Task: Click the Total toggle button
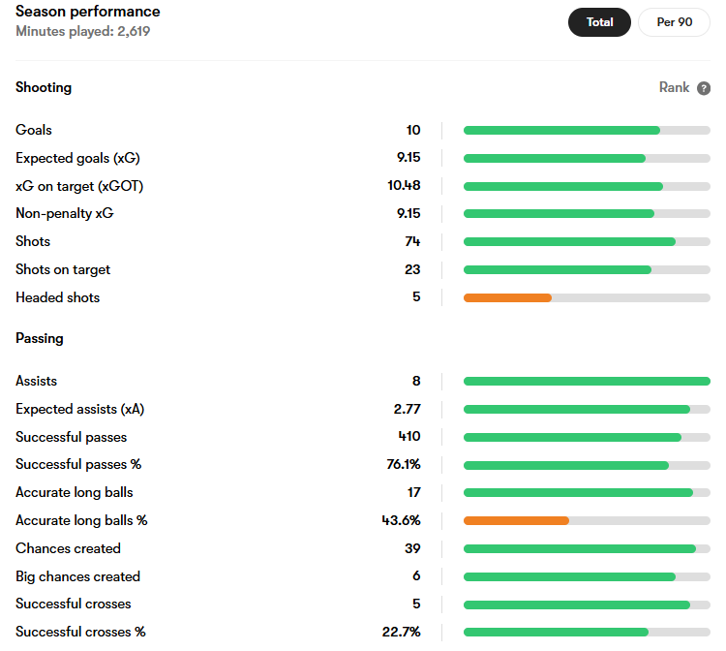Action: [599, 22]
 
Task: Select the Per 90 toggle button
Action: [674, 22]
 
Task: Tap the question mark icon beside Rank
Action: [704, 88]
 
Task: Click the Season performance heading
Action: [87, 11]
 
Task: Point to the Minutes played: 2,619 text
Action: [83, 31]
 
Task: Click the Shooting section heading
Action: [44, 87]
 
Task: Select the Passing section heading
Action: [40, 338]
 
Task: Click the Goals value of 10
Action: [413, 130]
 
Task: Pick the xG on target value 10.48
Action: [404, 185]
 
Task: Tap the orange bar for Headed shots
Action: [507, 298]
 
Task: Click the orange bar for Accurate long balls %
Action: [516, 521]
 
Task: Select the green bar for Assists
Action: [587, 382]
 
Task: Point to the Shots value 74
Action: [412, 241]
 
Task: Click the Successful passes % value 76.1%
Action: [404, 464]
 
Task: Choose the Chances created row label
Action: [68, 548]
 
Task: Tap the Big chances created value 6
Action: [416, 576]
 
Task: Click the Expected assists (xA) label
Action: [79, 409]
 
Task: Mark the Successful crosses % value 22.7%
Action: [401, 632]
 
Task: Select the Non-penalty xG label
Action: [64, 213]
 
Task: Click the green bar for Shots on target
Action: [558, 270]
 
